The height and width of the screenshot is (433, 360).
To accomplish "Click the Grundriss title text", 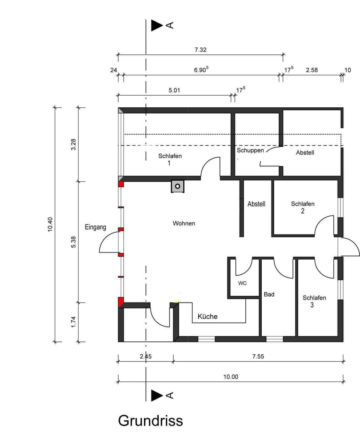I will coord(150,421).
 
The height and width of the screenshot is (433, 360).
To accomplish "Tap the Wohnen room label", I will coord(184,223).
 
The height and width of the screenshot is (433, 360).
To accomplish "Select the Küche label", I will coord(207,316).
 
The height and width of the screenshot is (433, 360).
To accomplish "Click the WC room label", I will coord(243,283).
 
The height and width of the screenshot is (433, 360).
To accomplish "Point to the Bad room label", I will coord(269,295).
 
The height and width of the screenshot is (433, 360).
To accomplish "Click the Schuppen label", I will coord(250,150).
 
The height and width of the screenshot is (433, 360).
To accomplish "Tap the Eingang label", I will coord(95,227).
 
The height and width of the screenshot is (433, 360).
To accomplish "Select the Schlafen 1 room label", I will coord(169,159).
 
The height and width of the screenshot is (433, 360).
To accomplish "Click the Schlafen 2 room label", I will coord(303,207).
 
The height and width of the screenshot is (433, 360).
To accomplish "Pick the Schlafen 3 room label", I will coord(314,301).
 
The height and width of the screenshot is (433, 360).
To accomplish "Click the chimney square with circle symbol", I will coord(178,186).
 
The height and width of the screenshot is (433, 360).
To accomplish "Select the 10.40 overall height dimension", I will coord(50,224).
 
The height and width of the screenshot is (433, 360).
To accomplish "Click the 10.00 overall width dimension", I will coord(231,377).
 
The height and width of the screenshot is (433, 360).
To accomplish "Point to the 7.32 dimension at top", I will coord(201,50).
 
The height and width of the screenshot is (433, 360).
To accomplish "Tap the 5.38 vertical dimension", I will coord(73,242).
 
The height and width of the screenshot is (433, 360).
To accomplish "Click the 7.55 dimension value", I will coord(258,356).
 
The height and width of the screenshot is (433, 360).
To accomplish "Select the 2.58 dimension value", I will coord(312,70).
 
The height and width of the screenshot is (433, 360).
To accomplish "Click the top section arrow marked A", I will coord(157,25).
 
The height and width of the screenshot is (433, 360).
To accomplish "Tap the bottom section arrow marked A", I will coord(157,395).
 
